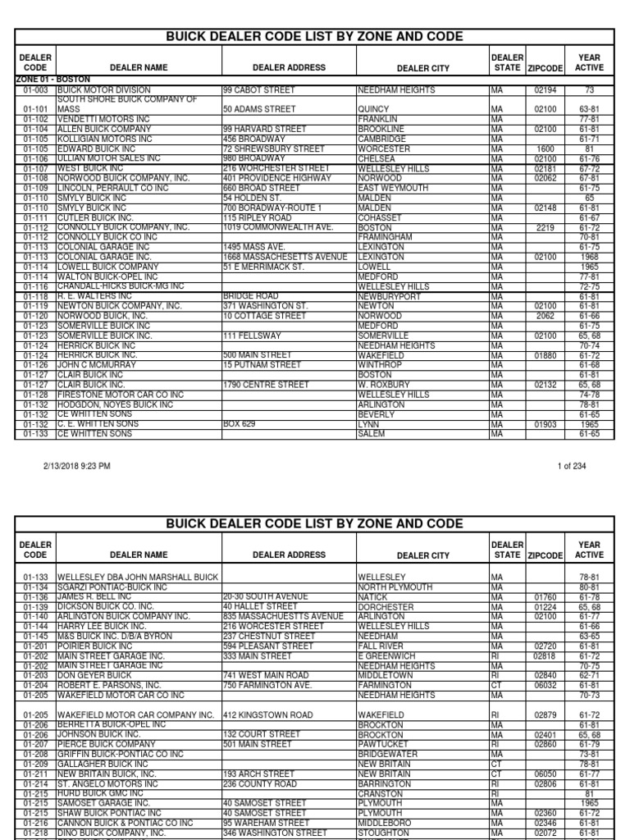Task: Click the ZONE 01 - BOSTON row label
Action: [52, 79]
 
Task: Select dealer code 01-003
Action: [35, 89]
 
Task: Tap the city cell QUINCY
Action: [374, 108]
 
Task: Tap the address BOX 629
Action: [239, 424]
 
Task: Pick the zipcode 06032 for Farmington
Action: [546, 685]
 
